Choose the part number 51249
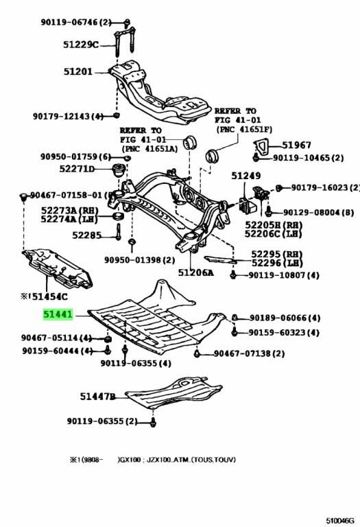(245, 176)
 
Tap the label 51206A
(196, 272)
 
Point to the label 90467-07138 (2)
(249, 354)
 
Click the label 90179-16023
(320, 187)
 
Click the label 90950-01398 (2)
(139, 260)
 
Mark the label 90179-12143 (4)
(67, 116)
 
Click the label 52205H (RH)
(275, 224)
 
